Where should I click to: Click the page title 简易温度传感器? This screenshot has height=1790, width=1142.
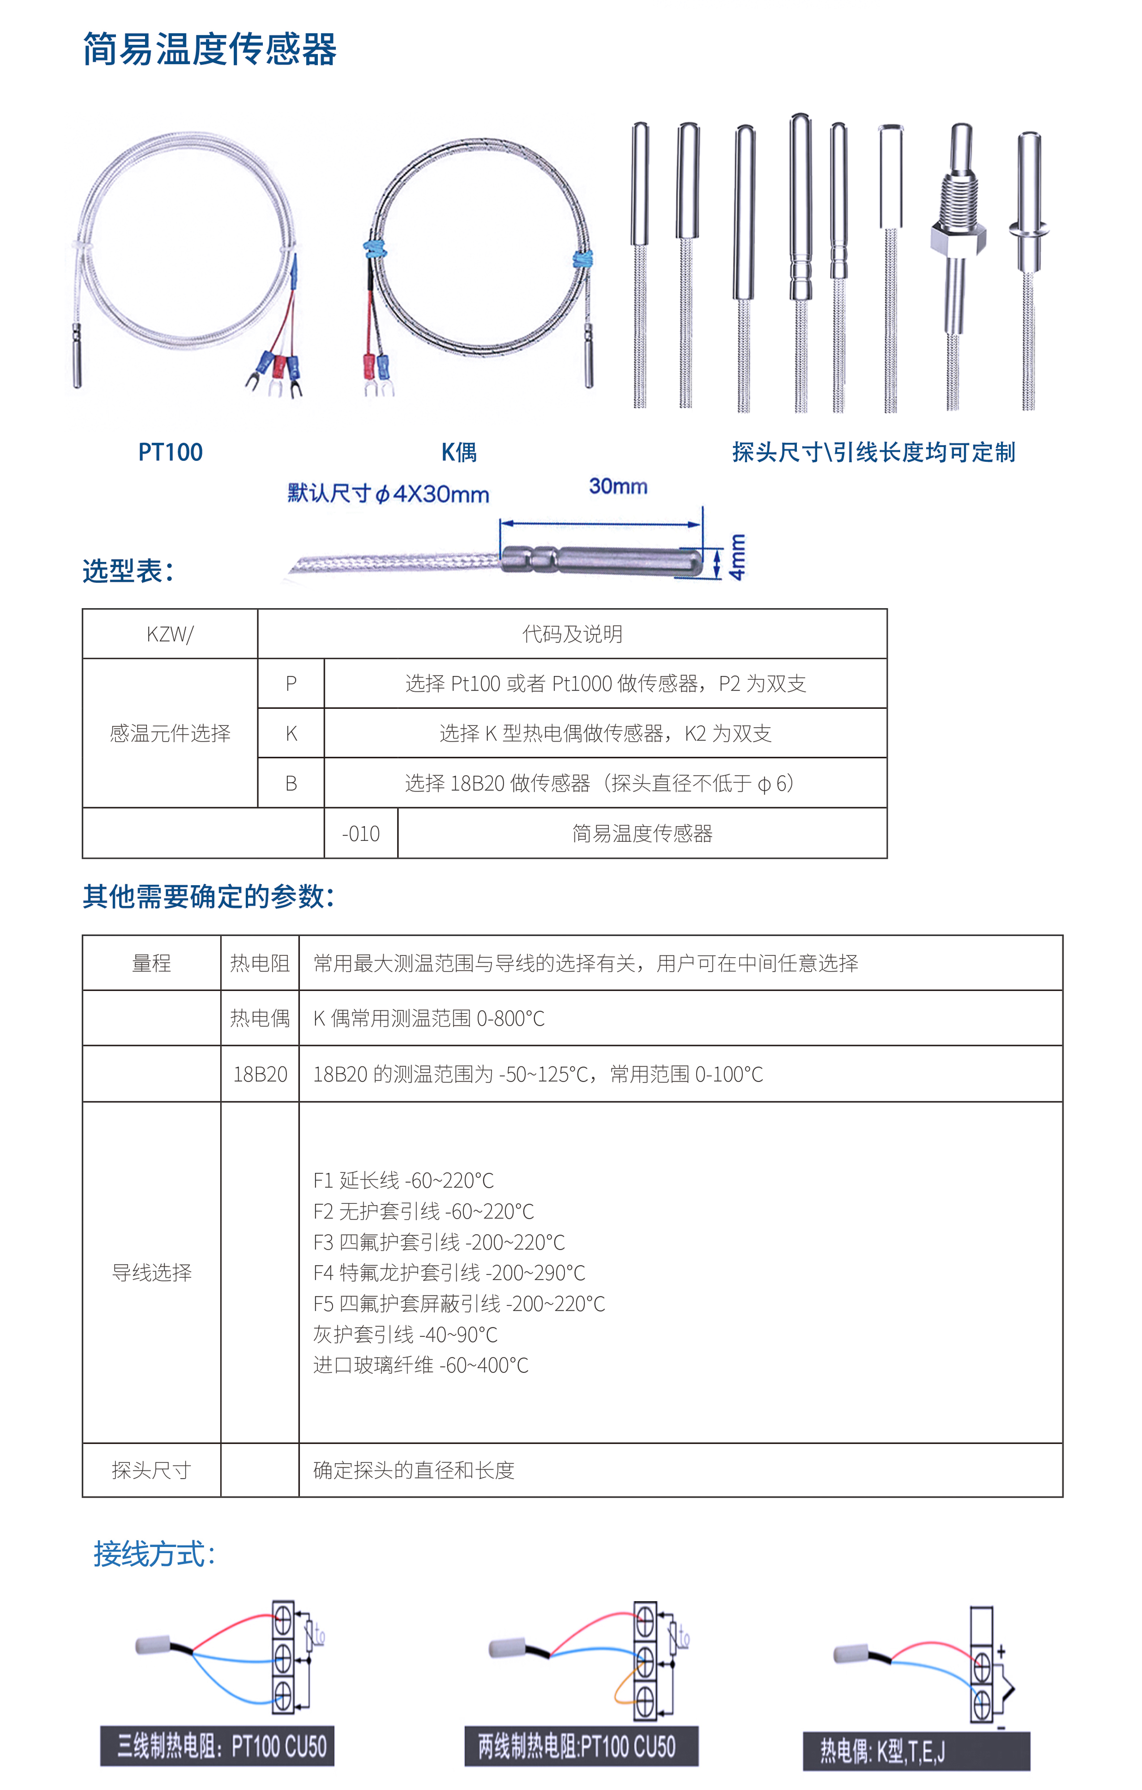click(x=209, y=50)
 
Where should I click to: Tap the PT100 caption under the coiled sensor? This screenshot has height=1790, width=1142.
click(x=170, y=452)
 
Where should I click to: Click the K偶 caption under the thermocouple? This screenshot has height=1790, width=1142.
click(x=459, y=452)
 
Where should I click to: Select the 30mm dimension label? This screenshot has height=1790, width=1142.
click(x=618, y=487)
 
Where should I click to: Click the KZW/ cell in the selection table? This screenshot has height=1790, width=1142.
click(x=170, y=634)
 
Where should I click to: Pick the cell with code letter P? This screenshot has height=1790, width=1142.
click(x=291, y=684)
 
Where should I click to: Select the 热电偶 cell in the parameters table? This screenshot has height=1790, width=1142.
click(x=260, y=1019)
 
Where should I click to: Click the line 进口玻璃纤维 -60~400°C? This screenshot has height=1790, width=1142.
click(x=421, y=1365)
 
